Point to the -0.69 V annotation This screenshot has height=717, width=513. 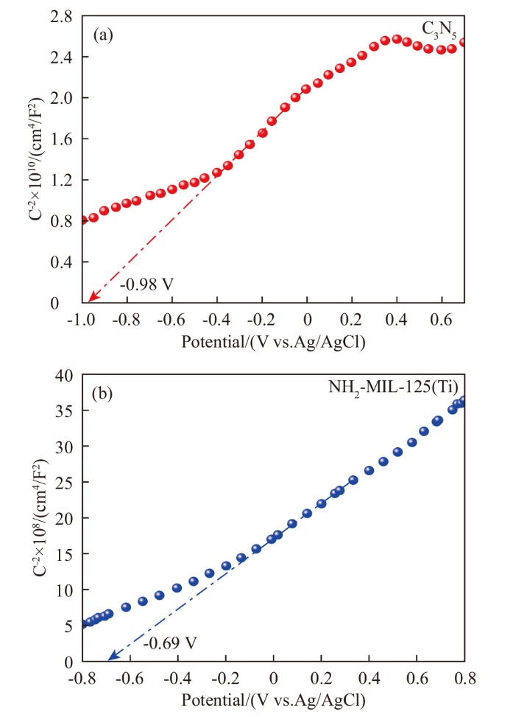(x=169, y=643)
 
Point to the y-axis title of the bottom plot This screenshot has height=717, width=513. (x=28, y=519)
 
